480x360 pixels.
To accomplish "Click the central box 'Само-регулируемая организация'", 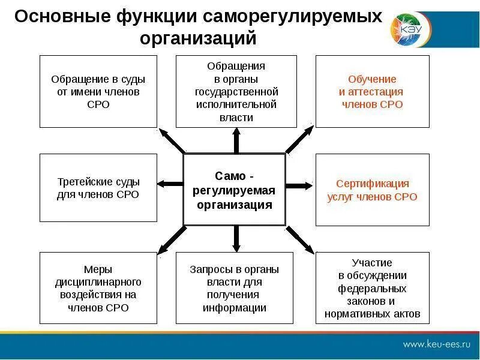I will pos(234,190).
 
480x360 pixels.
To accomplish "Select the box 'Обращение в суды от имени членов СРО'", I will pos(98,91).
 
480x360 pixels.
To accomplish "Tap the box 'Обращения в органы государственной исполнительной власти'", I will pos(236,91).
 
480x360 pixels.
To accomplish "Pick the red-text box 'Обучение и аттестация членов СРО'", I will pos(372,91).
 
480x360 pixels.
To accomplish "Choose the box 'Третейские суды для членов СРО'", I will pos(98,188).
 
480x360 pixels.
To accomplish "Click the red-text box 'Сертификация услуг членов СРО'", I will pos(372,190).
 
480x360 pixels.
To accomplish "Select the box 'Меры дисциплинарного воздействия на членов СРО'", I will pos(98,288).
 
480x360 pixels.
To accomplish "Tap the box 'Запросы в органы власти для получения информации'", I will pos(236,288).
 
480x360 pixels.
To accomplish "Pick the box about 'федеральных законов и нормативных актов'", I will pos(372,288).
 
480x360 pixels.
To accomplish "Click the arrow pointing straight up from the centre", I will pos(236,140).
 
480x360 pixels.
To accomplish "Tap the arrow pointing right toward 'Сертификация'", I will pos(299,185).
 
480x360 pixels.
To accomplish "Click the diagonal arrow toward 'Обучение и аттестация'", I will pos(299,140).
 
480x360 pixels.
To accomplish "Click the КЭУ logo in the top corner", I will pos(405,28).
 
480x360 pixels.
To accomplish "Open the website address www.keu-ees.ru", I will pos(436,344).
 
